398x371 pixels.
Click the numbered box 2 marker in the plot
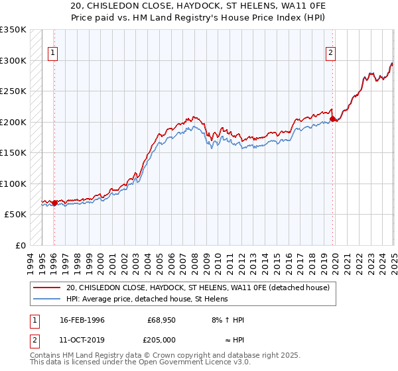pyautogui.click(x=330, y=54)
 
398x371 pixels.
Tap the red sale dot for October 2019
pyautogui.click(x=332, y=119)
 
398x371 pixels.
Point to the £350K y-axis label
pyautogui.click(x=13, y=30)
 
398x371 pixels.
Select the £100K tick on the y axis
pyautogui.click(x=13, y=184)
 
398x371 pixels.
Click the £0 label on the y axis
pyautogui.click(x=21, y=245)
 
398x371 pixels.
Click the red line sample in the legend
pyautogui.click(x=47, y=288)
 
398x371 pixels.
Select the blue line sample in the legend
pyautogui.click(x=47, y=299)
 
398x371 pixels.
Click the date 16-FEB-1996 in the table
pyautogui.click(x=82, y=320)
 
